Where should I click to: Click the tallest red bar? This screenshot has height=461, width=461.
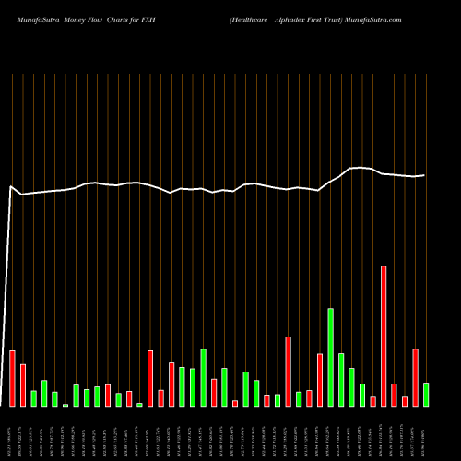pos(384,336)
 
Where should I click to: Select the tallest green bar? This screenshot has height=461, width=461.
pos(330,357)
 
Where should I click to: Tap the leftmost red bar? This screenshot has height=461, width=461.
pos(12,378)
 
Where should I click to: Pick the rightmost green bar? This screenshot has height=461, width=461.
pos(426,394)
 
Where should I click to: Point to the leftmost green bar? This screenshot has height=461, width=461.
pos(33,397)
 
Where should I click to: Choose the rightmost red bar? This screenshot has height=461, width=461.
pos(415,377)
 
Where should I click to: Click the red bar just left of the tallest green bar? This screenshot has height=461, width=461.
pos(320,379)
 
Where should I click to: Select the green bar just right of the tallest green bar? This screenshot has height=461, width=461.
pos(341,379)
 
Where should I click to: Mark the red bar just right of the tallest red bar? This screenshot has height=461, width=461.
pos(394,394)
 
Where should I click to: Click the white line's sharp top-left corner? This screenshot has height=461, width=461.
pos(11,187)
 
